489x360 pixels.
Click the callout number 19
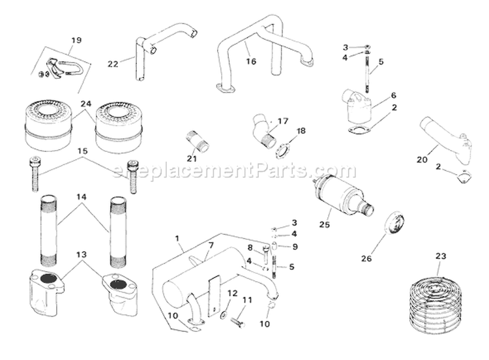point(76,40)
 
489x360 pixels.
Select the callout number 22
point(113,63)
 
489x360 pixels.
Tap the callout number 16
point(251,62)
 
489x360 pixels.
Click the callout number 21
point(191,158)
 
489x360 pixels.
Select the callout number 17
point(282,121)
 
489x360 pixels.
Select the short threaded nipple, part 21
point(198,142)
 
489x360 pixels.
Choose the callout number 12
point(232,294)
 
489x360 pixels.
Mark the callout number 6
point(393,95)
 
